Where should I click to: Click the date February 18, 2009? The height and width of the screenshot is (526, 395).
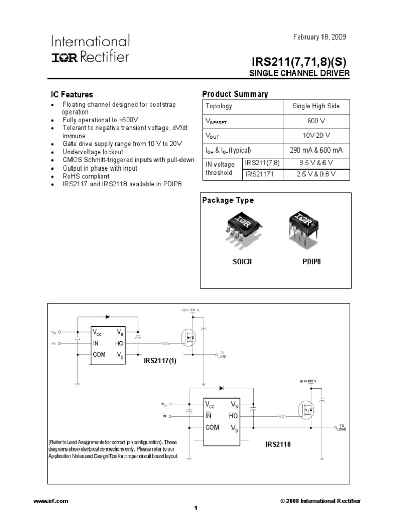coord(319,37)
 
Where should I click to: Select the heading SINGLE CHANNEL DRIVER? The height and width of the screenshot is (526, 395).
coord(299,73)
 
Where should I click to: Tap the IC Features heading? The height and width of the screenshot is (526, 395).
coord(71,95)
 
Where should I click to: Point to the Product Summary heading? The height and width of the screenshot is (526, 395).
coord(235,94)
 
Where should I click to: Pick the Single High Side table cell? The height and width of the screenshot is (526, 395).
coord(316,106)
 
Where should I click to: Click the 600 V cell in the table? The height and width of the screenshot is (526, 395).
coord(316,121)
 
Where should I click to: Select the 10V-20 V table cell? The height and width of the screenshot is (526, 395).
coord(316,136)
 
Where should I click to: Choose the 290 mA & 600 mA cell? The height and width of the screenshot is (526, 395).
coord(316,150)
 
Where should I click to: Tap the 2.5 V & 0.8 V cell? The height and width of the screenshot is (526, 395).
coord(316,174)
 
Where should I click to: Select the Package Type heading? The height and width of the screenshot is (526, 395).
coord(228,200)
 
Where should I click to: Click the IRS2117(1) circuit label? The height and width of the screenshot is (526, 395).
coord(159,361)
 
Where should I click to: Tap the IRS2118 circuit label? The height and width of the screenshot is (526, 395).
coord(278,444)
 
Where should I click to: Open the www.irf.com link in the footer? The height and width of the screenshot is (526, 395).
coord(50,501)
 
